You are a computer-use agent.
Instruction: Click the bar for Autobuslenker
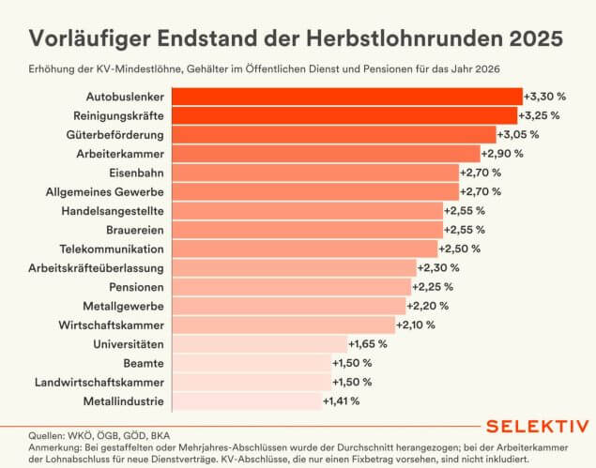[346, 96]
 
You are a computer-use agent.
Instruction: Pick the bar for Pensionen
[291, 287]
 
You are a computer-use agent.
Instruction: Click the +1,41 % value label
[342, 401]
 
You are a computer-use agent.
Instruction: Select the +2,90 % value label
[501, 153]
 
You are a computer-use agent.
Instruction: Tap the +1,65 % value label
[367, 344]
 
